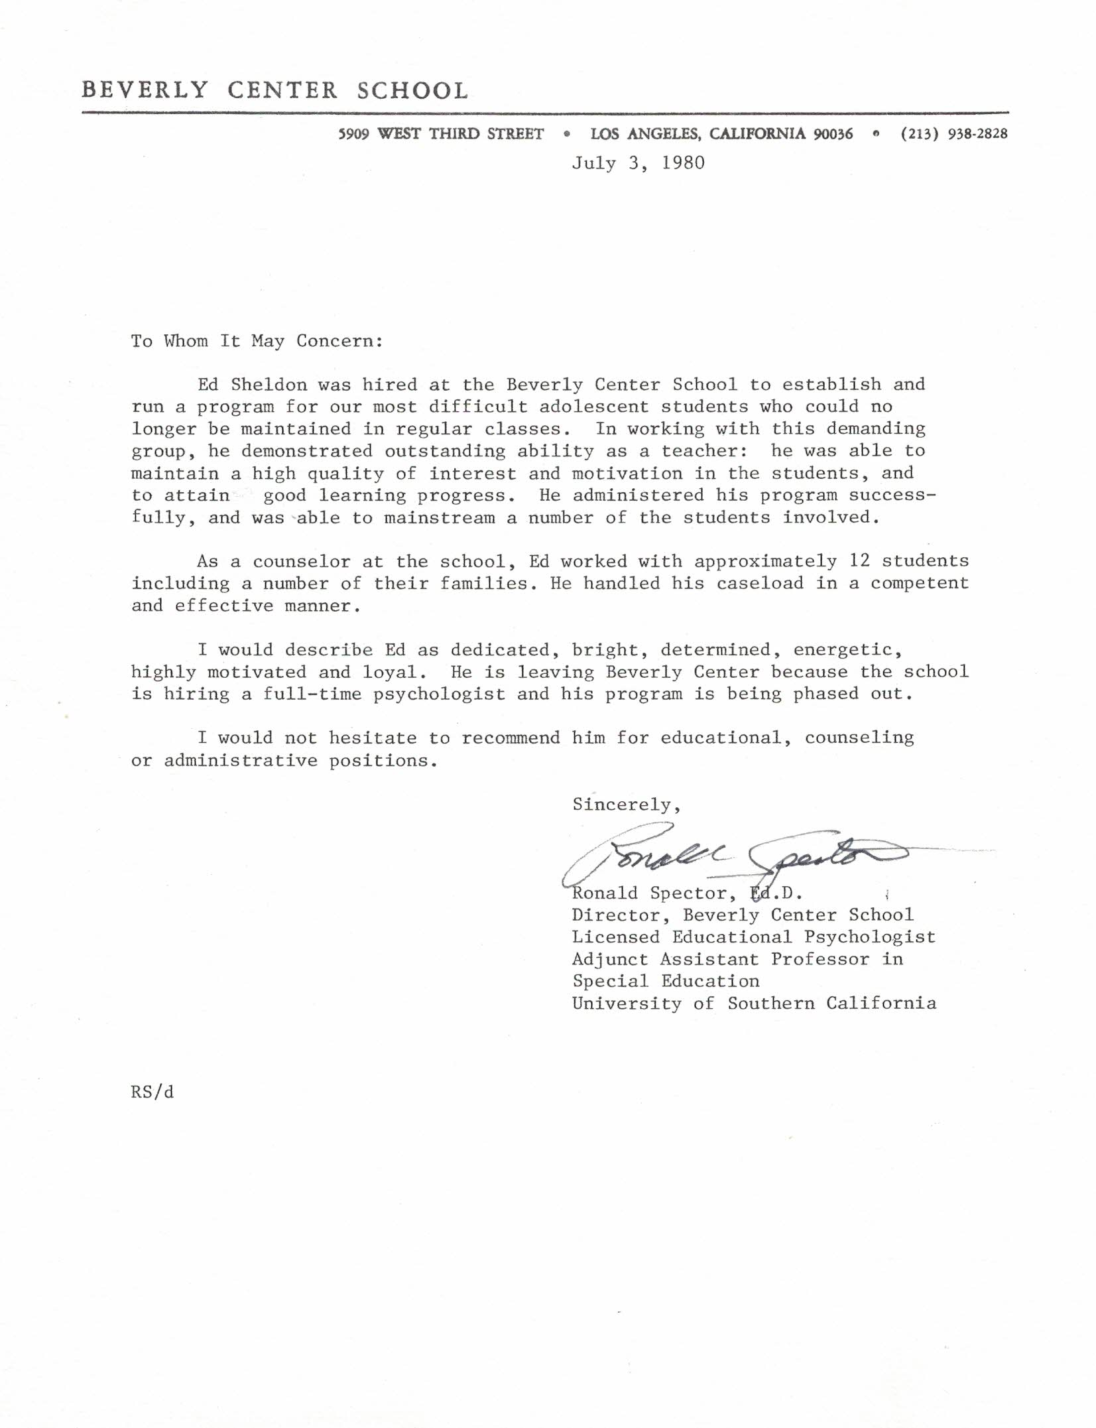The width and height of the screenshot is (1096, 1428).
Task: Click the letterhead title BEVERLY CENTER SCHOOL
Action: point(275,90)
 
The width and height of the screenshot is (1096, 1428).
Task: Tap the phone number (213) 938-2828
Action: point(954,133)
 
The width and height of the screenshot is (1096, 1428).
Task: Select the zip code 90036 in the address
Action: point(833,133)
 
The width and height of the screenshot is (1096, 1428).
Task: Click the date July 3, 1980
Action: point(638,163)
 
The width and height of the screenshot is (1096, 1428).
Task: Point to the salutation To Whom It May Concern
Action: point(257,341)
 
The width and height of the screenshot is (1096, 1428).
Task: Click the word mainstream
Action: point(440,517)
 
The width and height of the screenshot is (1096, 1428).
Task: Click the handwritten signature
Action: point(729,856)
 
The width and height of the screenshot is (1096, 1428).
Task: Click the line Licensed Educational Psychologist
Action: point(754,937)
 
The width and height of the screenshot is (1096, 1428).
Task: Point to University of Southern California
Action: point(754,1004)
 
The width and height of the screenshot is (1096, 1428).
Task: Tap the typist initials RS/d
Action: point(152,1092)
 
